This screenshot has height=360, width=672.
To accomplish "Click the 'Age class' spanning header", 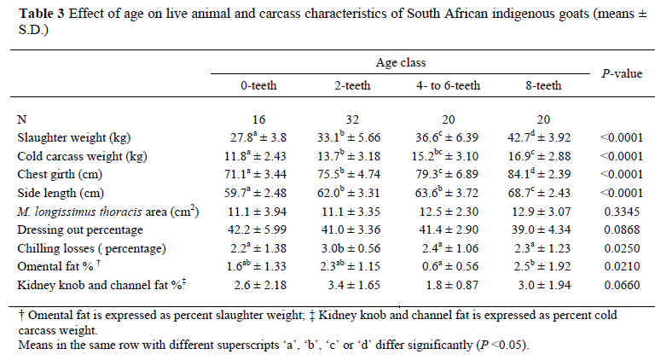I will (401, 62).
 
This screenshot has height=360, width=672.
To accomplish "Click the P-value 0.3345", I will (620, 212).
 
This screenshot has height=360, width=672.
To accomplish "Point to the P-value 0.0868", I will (620, 229).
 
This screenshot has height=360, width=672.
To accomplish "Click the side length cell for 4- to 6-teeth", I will (450, 193).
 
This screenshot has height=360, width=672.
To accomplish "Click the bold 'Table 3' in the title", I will (42, 13).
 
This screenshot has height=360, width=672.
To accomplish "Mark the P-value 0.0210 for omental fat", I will (620, 267).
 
